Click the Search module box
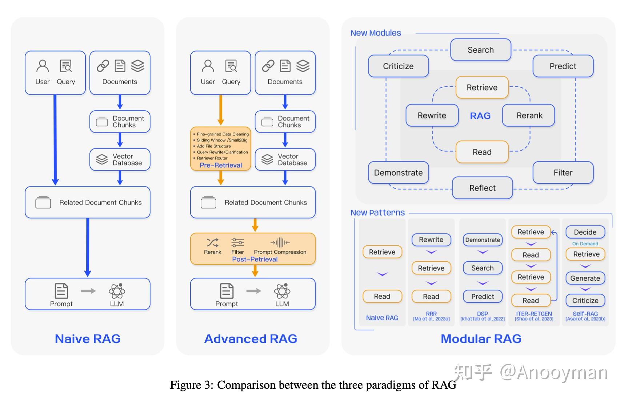coord(480,50)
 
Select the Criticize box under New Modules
coord(398,66)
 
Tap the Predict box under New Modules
coord(563,66)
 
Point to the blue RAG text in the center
coord(480,116)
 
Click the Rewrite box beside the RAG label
coord(432,115)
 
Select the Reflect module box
coord(482,188)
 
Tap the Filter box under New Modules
coord(563,173)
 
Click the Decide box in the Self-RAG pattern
coord(585,232)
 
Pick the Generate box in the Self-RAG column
coord(585,278)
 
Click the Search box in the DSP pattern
coord(482,268)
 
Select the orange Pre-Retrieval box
coord(220,149)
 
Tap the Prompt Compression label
coord(280,252)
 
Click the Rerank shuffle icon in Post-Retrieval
coord(212,242)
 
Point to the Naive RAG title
coord(88,339)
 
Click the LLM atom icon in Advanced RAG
coord(282,291)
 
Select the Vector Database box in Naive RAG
coord(120,159)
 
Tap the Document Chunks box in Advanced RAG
coord(285,122)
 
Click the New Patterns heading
coord(377,213)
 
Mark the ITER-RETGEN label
coord(534,314)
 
